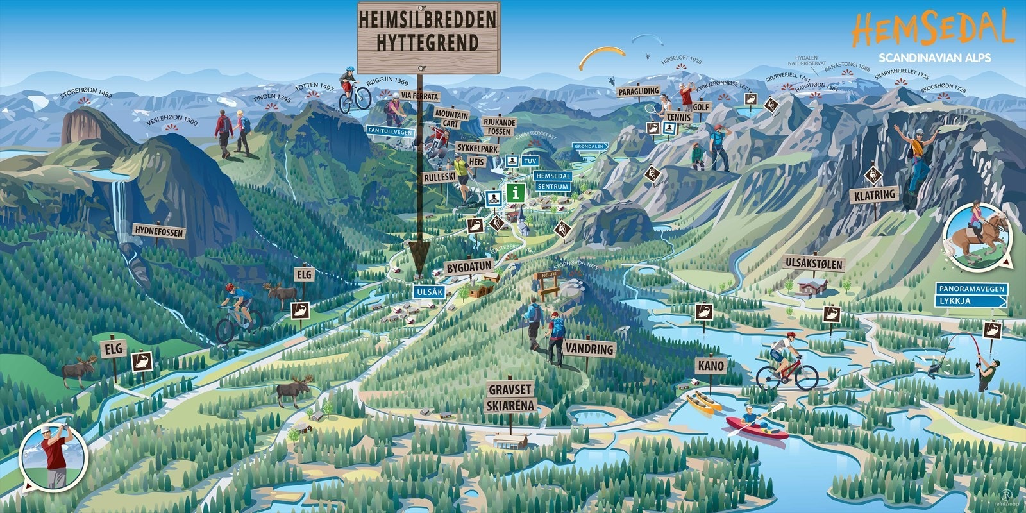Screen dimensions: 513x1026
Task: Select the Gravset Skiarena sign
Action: tap(510, 398)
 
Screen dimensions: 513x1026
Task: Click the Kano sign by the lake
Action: tap(711, 366)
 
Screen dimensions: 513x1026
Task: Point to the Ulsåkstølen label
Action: tap(814, 264)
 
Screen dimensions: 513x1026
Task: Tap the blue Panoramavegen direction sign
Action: tap(971, 289)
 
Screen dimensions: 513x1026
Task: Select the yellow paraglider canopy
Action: tap(601, 58)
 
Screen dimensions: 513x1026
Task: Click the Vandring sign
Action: tap(589, 349)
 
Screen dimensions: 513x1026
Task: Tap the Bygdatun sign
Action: tap(469, 266)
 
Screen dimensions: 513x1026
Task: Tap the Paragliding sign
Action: tap(638, 92)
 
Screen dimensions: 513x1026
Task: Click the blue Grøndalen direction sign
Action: tap(589, 146)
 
